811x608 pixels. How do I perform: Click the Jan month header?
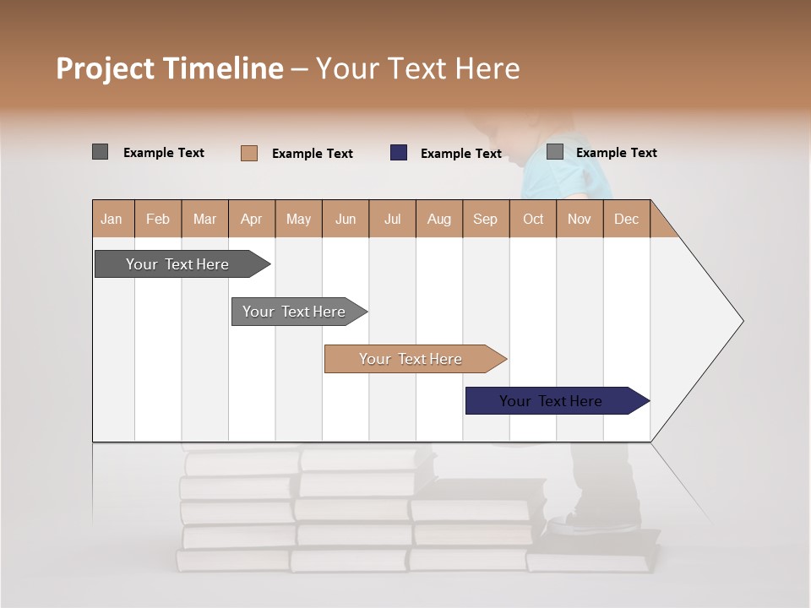coord(112,219)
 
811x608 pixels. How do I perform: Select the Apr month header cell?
coord(251,219)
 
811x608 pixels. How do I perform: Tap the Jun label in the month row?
coord(345,219)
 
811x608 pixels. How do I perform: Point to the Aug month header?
coord(438,219)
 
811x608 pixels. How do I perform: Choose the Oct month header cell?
coord(532,219)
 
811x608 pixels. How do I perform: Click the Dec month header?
coord(626,219)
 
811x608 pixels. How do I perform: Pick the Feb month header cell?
coord(158,219)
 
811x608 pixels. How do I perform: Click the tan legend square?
coord(249,153)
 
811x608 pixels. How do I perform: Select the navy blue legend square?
coord(399,153)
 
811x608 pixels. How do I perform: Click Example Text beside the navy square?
coord(460,154)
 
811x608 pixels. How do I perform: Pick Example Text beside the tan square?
coord(312,154)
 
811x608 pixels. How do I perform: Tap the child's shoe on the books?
coord(591,523)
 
